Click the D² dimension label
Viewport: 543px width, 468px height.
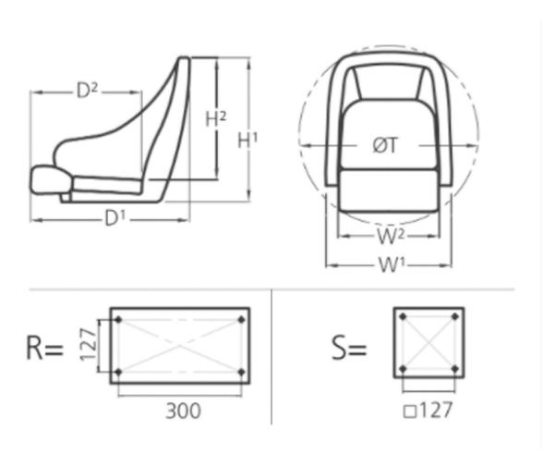pos(87,91)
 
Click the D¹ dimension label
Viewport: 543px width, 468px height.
pos(115,219)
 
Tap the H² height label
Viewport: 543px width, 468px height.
pos(215,118)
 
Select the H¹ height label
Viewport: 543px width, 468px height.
pos(247,141)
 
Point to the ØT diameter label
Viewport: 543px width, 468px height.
pos(385,145)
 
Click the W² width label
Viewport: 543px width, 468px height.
pos(388,236)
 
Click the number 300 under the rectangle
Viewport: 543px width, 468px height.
pos(182,411)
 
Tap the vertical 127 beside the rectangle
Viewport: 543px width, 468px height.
pos(86,345)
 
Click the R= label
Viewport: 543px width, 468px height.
pos(44,348)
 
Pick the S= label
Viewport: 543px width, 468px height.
pos(349,348)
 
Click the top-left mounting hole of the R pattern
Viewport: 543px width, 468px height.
pos(118,320)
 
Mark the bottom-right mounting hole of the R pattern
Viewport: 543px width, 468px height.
pos(241,372)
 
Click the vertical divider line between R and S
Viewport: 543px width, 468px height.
pos(271,356)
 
